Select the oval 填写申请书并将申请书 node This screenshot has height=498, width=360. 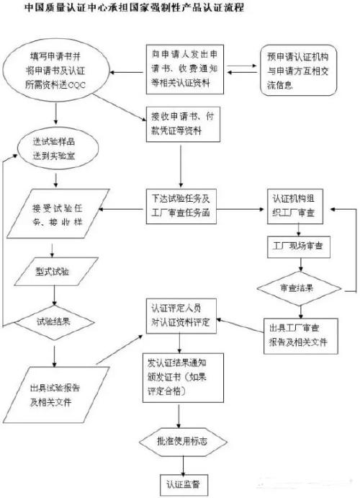tap(54, 71)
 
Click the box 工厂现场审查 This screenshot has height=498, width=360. tap(297, 245)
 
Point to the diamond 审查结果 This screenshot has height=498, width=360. tap(297, 288)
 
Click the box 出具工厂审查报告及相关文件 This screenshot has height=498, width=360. tap(298, 336)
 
